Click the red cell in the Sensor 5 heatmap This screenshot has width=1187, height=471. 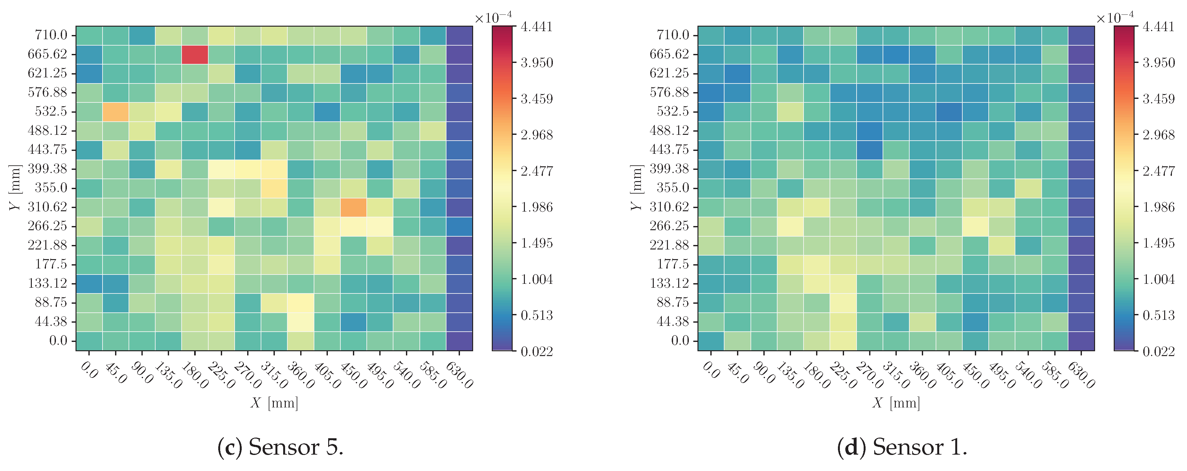tap(195, 54)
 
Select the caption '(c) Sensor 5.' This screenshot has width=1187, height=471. tap(280, 447)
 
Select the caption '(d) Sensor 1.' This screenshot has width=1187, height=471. tap(902, 447)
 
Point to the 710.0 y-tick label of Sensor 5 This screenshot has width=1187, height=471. tap(51, 35)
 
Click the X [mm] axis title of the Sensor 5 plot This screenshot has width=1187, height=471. tap(274, 403)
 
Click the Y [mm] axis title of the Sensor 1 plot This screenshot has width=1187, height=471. tap(636, 188)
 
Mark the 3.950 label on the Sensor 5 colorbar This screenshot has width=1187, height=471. tap(537, 63)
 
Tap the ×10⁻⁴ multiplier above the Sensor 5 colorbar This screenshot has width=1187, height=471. tap(493, 17)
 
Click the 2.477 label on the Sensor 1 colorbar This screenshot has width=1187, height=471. tap(1158, 171)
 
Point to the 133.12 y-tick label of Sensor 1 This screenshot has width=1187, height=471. tap(669, 283)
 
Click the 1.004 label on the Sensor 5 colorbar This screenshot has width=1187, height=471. tap(537, 279)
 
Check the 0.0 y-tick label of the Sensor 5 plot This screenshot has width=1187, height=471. tap(58, 341)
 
